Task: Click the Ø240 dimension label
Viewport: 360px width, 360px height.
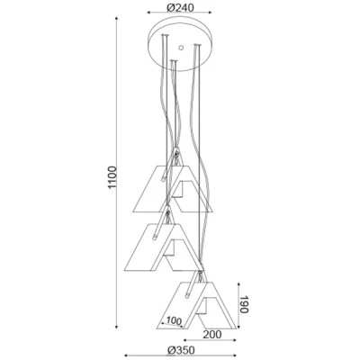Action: pos(180,7)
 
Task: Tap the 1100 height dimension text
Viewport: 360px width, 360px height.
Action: pos(112,176)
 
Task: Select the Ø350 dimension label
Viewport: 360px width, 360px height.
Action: pos(181,350)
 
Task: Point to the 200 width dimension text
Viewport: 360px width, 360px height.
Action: pos(211,334)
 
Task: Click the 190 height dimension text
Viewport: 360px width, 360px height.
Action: pos(244,304)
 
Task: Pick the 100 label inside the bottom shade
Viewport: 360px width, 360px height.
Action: pos(174,320)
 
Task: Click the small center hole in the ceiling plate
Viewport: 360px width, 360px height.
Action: pos(181,48)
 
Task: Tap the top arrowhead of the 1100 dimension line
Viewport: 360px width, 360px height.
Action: pos(117,19)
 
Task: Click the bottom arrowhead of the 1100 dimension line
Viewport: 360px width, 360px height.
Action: pos(117,327)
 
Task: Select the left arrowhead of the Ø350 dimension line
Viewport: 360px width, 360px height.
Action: pos(126,355)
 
